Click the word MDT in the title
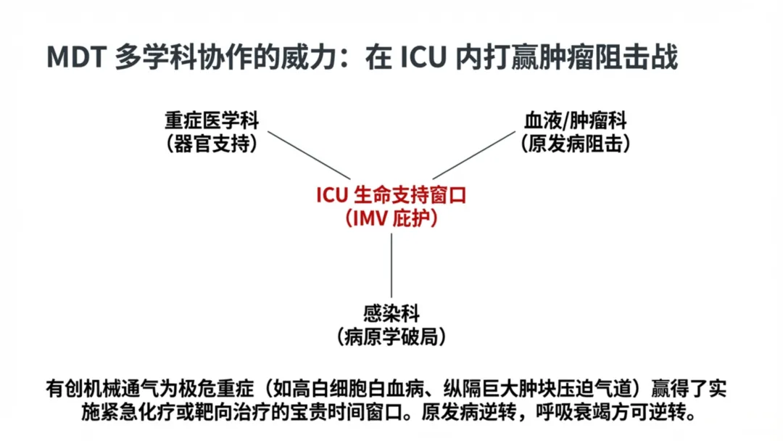[x=76, y=57]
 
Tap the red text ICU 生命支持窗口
[x=391, y=195]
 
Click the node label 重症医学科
[x=211, y=120]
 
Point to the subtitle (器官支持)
[x=211, y=144]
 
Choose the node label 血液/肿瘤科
[x=575, y=120]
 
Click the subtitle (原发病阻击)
[x=575, y=144]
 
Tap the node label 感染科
[x=391, y=314]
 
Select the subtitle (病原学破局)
[x=391, y=337]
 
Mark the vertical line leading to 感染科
[x=391, y=265]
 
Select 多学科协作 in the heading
[x=179, y=57]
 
